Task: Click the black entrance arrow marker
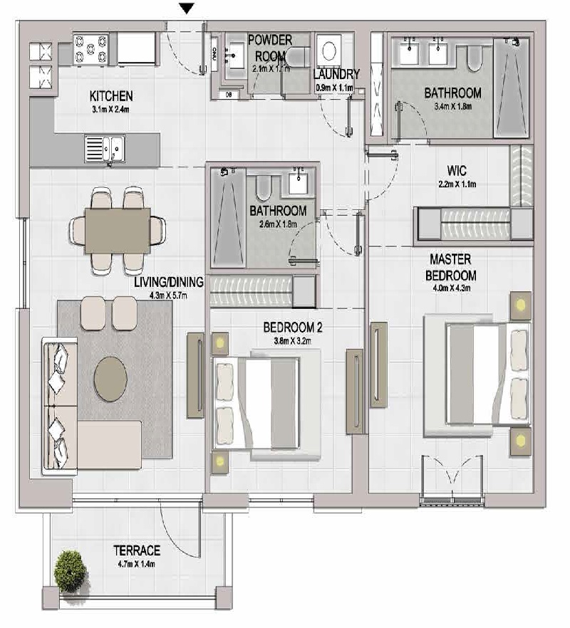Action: [x=186, y=9]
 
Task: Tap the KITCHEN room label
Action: [x=110, y=96]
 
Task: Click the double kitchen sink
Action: [x=105, y=149]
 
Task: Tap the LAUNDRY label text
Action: [x=337, y=75]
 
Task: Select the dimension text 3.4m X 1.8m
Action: [x=452, y=105]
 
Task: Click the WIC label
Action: [x=457, y=171]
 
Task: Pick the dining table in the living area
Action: [x=117, y=231]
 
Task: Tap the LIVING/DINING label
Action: [x=168, y=283]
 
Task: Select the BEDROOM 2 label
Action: [x=293, y=328]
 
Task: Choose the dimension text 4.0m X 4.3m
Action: [x=452, y=288]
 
